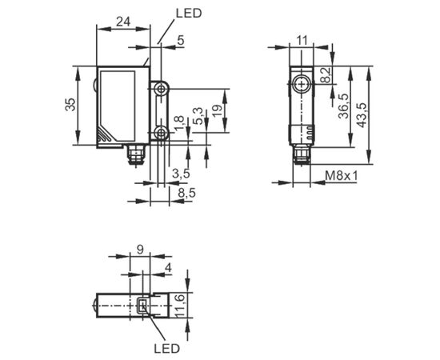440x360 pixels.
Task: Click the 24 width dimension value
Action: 123,22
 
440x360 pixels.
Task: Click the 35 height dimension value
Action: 70,104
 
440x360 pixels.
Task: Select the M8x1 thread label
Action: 342,176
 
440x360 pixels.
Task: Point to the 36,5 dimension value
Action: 343,106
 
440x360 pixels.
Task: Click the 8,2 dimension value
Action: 326,74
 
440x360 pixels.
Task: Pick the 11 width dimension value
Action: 302,41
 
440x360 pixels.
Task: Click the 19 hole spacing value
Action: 217,110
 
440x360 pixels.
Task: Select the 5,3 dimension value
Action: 198,116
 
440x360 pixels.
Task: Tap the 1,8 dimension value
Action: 179,124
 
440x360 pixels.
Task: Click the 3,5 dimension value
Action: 181,174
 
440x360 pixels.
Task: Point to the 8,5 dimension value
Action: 187,193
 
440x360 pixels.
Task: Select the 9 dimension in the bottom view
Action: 140,249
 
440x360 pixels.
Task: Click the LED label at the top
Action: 189,13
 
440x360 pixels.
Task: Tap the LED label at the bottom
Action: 166,348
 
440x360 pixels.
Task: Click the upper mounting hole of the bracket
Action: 161,90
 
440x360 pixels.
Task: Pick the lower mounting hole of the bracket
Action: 161,133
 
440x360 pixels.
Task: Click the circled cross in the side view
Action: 302,85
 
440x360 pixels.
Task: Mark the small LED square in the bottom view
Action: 143,306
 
